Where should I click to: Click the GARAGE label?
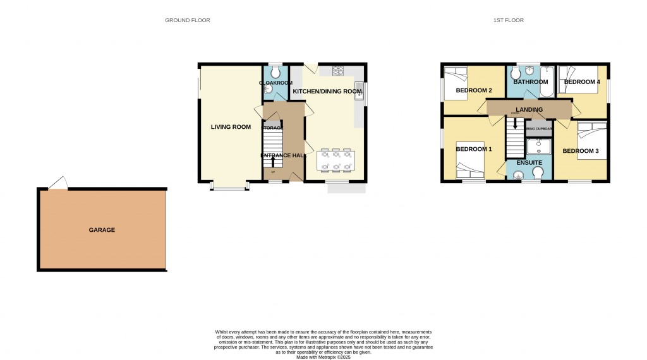coord(102,230)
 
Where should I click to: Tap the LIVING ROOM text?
coord(231,127)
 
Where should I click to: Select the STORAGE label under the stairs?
coord(272,128)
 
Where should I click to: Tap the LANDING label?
coord(529,110)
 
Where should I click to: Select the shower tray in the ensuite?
coord(538,147)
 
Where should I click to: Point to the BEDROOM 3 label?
coord(580,151)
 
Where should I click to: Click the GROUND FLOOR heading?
coord(188,20)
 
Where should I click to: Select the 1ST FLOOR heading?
coord(509,20)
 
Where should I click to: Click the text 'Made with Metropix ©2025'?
coord(323,356)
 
